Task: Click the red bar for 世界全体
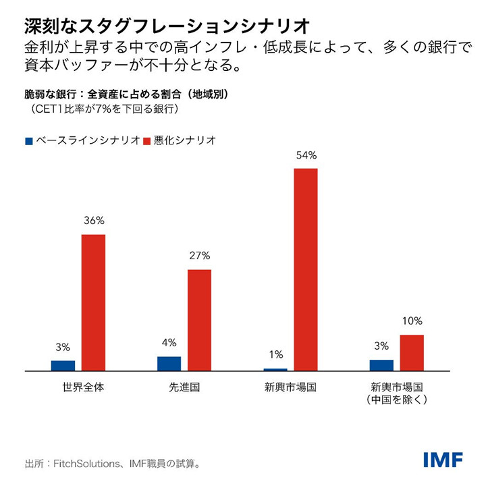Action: pyautogui.click(x=93, y=302)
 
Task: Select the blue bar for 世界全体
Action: pyautogui.click(x=63, y=366)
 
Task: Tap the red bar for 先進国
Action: pyautogui.click(x=199, y=320)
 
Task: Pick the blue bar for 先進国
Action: pyautogui.click(x=169, y=364)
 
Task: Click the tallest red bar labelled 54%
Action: pyautogui.click(x=305, y=269)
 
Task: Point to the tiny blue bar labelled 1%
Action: pyautogui.click(x=275, y=369)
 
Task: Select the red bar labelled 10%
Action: pyautogui.click(x=412, y=352)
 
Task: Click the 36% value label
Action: pyautogui.click(x=93, y=221)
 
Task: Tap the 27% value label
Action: pyautogui.click(x=199, y=256)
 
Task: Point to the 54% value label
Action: pyautogui.click(x=306, y=155)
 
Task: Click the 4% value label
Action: pyautogui.click(x=169, y=342)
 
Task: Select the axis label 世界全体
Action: pyautogui.click(x=78, y=388)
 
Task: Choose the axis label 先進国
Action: pyautogui.click(x=184, y=388)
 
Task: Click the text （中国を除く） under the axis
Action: pyautogui.click(x=396, y=400)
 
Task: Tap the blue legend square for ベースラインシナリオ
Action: pyautogui.click(x=28, y=141)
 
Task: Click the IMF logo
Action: pyautogui.click(x=443, y=460)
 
